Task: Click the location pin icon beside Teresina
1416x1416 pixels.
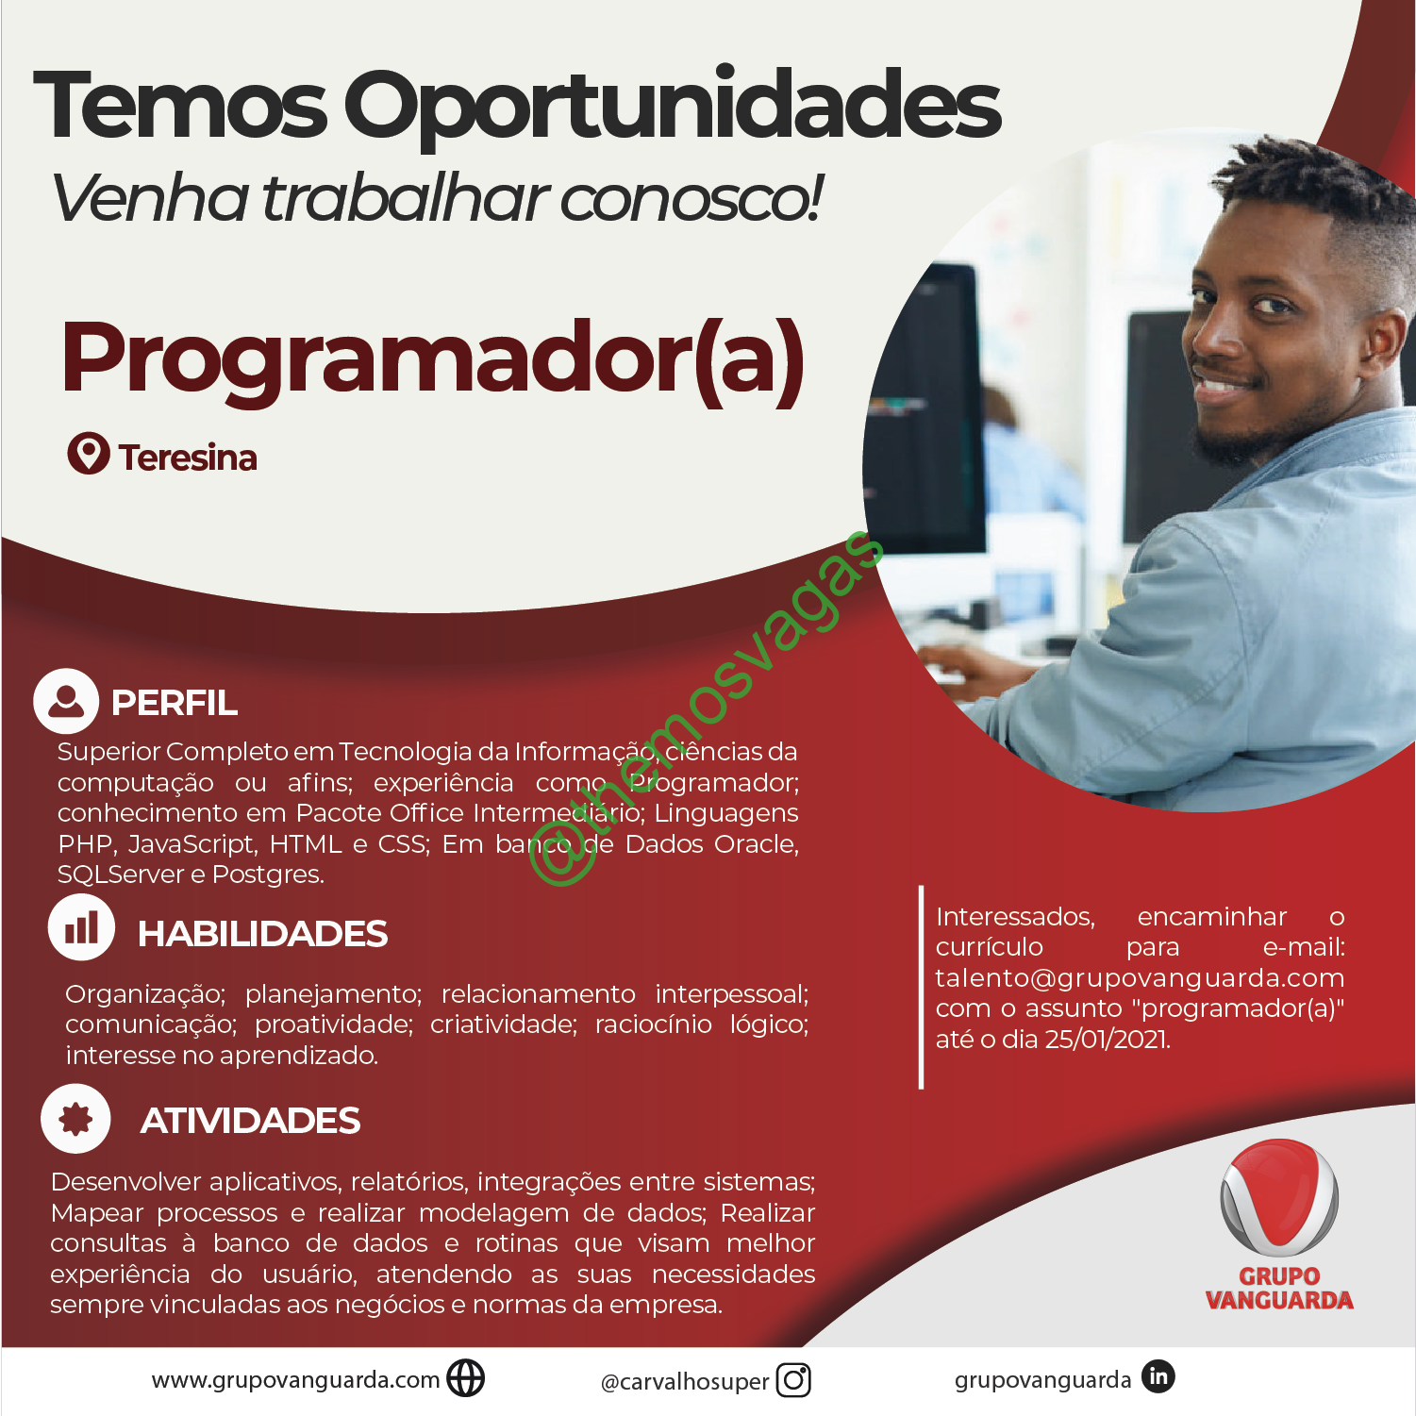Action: (x=88, y=454)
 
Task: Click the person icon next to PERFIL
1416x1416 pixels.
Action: (x=66, y=701)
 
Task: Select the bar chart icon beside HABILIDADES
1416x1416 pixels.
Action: (x=81, y=927)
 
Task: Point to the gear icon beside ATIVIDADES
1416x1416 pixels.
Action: (x=75, y=1119)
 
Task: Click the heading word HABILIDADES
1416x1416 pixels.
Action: (x=262, y=934)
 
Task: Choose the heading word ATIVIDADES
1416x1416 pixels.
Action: (x=250, y=1121)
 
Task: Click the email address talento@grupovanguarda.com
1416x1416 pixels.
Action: (x=1140, y=978)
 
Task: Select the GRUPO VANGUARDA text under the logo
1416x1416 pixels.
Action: (x=1279, y=1289)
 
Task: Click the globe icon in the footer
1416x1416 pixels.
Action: (x=465, y=1378)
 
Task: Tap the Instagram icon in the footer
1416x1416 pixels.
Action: (x=793, y=1380)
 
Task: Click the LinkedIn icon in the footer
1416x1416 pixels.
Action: (x=1158, y=1377)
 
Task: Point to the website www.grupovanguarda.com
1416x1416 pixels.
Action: (x=296, y=1380)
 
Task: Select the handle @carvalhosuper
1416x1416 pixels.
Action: (x=686, y=1382)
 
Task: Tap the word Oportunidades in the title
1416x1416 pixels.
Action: (x=672, y=107)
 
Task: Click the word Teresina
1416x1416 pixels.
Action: (x=188, y=458)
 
